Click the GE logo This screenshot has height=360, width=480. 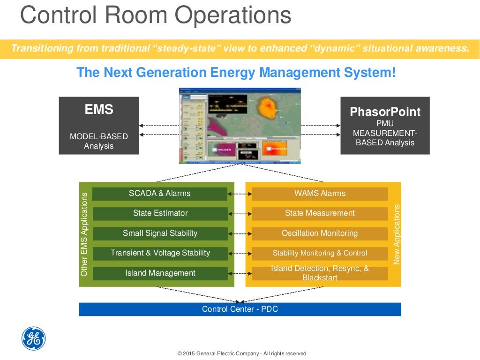coord(34,338)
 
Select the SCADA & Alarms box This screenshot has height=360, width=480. coord(160,194)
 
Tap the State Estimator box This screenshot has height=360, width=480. coord(160,213)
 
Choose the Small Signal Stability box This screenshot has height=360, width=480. coord(160,233)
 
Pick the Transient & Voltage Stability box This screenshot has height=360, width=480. coord(160,253)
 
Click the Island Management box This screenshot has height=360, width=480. coord(160,273)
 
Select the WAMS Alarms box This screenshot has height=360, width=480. coord(320,194)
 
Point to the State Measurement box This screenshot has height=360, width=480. coord(320,213)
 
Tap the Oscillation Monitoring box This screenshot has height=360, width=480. coord(320,233)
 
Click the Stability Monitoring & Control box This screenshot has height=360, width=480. coord(320,253)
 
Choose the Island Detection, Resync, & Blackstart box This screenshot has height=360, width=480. coord(320,273)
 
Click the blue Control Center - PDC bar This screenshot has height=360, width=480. coord(240,309)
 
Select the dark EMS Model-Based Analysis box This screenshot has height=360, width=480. coord(99,126)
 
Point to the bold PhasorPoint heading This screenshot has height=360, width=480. coord(385,112)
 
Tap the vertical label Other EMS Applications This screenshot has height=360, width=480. coord(84,234)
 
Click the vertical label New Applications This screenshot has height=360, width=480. coord(397,234)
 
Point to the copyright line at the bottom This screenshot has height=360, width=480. coord(241,353)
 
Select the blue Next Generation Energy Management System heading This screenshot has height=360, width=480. coord(236,73)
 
